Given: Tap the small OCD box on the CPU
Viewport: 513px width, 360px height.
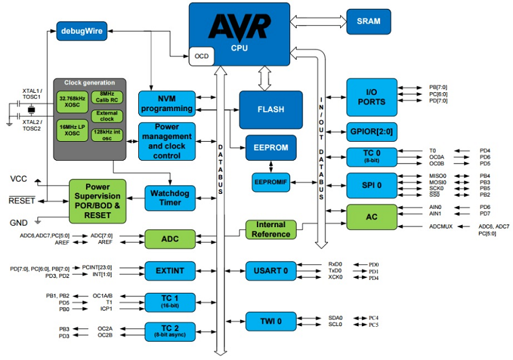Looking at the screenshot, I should click(x=201, y=56).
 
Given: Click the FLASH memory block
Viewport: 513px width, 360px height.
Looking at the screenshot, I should click(x=270, y=110).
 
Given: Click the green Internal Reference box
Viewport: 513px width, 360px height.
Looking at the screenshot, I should click(x=270, y=230).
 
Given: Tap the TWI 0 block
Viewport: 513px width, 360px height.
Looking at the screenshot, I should click(x=270, y=320).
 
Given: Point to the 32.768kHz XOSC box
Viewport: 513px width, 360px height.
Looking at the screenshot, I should click(x=71, y=102).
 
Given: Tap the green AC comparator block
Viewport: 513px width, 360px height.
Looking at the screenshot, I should click(x=371, y=216).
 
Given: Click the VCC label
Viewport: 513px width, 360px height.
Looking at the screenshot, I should click(x=20, y=178).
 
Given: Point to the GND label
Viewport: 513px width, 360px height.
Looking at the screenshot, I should click(x=19, y=222).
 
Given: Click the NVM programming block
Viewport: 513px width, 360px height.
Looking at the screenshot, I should click(x=166, y=102).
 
